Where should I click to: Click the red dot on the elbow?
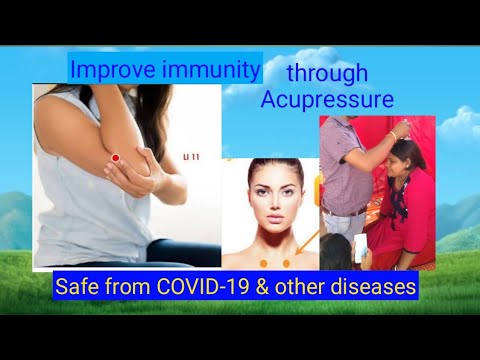(x=117, y=158)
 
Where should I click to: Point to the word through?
(x=328, y=73)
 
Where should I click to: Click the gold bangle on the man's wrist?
(x=393, y=134)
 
